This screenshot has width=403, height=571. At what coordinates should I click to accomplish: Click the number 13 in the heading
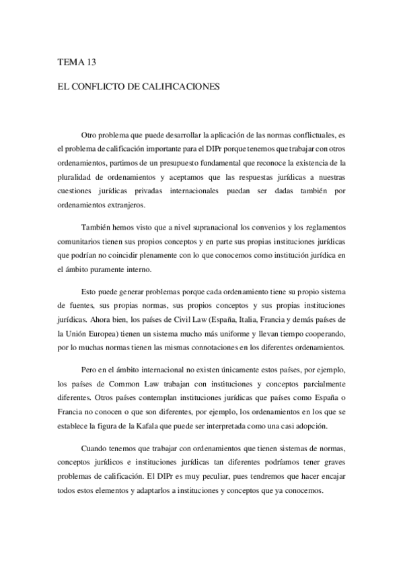(91, 62)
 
